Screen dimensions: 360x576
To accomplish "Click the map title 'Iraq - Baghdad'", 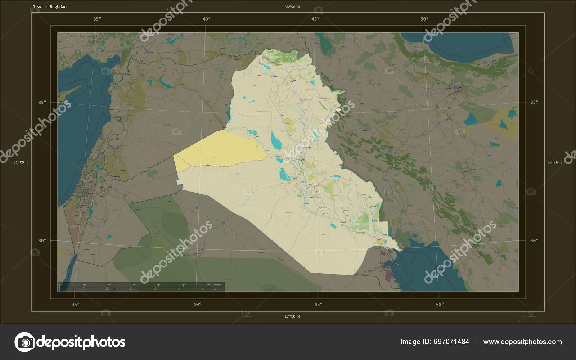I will [50, 7].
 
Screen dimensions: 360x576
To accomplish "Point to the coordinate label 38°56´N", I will [292, 7].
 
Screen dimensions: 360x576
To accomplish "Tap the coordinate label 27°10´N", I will [292, 316].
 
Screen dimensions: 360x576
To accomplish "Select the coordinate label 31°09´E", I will [21, 162].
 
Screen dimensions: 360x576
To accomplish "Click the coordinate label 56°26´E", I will [554, 162].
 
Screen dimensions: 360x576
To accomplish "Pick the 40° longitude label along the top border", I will [207, 19].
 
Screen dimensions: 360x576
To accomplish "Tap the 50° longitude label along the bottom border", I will [440, 305].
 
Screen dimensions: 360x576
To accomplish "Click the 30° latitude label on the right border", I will [534, 240].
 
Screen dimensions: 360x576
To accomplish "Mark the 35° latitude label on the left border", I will [42, 102].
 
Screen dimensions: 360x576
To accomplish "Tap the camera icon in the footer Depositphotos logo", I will [24, 342].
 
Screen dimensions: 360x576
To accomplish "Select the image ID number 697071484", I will [451, 342].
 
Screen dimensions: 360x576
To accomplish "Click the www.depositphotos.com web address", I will [522, 342].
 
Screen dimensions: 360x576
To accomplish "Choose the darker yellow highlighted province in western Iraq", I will [220, 149].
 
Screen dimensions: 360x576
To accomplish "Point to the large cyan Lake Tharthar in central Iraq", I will [276, 141].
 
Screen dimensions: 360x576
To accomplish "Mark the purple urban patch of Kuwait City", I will [388, 275].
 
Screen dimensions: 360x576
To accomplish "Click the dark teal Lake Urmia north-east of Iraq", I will [327, 45].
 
